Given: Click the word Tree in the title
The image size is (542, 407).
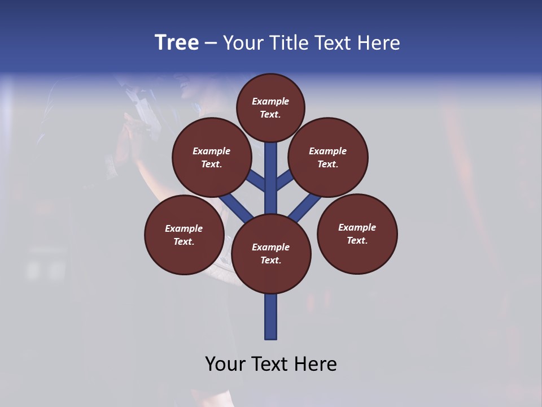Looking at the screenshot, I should point(177,43).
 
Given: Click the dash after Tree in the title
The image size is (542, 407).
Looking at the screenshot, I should point(211,44).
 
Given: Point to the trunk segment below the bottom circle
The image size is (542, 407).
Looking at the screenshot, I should point(271,317).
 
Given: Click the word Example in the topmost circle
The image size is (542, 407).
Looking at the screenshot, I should point(270,101).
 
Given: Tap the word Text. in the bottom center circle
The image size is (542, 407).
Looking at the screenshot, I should point(270,261).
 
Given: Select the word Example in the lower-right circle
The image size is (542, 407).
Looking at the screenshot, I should point(357,227).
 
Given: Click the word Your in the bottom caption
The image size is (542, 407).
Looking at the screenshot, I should point(225,364).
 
